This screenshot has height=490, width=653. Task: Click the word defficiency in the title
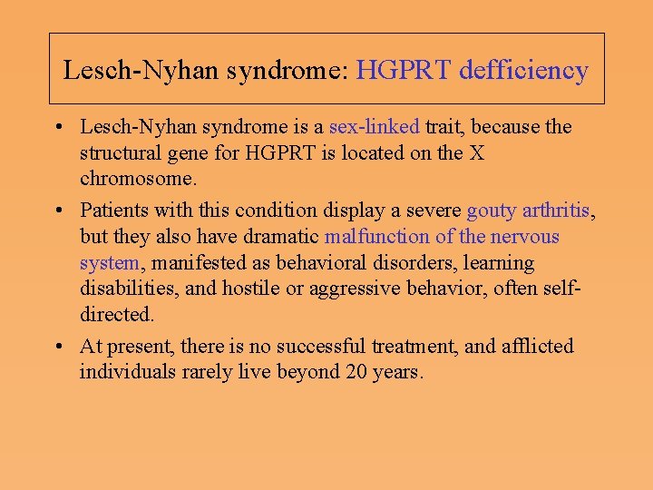pos(524,70)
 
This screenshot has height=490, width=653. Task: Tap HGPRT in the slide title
pos(404,70)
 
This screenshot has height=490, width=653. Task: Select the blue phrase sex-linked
pos(374,126)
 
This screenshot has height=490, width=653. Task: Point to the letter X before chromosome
pos(475,152)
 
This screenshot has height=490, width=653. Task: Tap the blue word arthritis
pos(555,211)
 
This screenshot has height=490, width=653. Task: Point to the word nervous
pos(525,237)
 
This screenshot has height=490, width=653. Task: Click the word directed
pos(116,316)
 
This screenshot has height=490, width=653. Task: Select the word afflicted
pos(538,346)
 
